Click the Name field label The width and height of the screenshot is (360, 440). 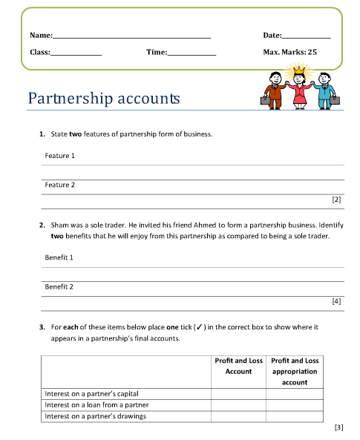click(40, 35)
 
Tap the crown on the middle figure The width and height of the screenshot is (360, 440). click(300, 71)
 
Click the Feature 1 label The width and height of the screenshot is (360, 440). click(60, 156)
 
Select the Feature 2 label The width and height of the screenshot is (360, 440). click(60, 185)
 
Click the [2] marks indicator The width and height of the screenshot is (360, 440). click(336, 200)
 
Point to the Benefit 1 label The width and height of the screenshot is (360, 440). click(59, 257)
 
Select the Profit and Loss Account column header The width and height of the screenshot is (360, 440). click(238, 366)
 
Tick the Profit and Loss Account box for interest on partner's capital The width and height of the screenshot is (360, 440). click(238, 393)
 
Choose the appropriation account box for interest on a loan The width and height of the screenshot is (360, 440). click(295, 405)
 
